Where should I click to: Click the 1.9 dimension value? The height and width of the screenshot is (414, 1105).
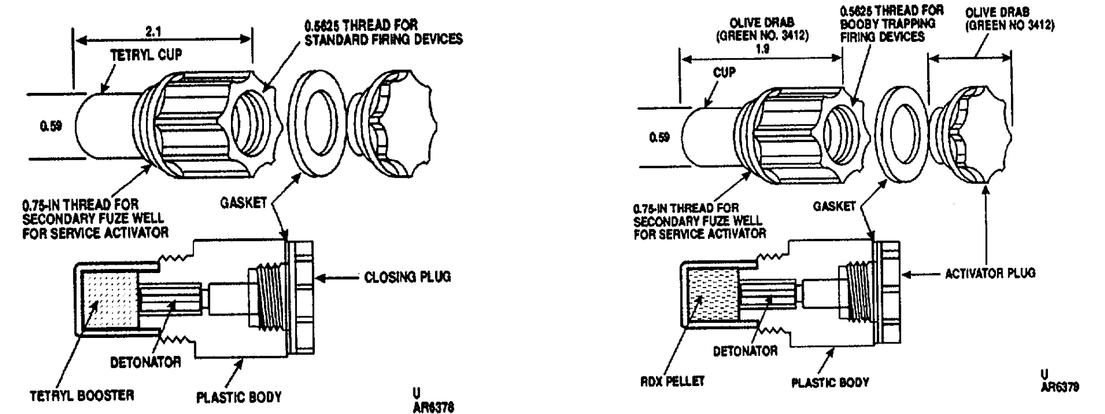pos(761,49)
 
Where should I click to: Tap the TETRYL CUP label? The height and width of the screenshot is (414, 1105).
pos(146,55)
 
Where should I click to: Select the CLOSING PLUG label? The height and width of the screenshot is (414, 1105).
pos(407,277)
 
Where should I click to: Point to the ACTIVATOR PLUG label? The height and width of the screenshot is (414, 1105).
pos(990,273)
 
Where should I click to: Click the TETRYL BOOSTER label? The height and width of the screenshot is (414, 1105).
pos(82,396)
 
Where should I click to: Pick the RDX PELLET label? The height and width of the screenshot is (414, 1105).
pos(672,382)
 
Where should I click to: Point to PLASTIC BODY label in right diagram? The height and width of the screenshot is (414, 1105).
pos(830,383)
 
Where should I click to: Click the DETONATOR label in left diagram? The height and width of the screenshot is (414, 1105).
pos(145,362)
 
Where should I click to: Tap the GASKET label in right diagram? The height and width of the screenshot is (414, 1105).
pos(834,206)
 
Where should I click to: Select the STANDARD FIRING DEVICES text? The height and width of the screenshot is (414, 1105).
pos(384,40)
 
